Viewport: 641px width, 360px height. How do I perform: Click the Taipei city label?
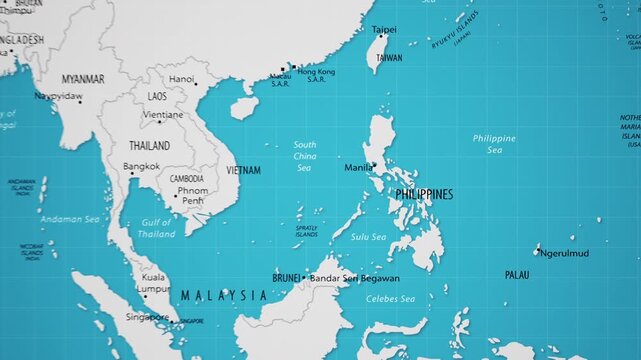coord(384,30)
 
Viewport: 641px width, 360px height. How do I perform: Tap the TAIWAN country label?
coord(389,58)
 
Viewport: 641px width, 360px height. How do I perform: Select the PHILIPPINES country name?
coord(424,193)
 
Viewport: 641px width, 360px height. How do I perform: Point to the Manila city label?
coord(358,167)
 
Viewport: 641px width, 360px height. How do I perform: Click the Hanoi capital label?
coord(181,79)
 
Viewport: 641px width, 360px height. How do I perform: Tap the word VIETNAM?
coord(243,171)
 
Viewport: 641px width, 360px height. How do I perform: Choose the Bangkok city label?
coord(141,166)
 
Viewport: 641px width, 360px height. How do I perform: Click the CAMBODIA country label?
coord(187,178)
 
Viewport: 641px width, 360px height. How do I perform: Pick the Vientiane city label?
coord(163,115)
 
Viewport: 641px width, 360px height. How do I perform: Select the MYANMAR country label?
coord(83,78)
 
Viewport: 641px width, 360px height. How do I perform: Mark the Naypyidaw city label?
coord(58,97)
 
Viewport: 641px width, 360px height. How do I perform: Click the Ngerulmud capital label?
coord(562,253)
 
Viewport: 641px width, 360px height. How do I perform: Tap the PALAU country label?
coord(517,274)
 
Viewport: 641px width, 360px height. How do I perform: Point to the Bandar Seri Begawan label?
coord(355,278)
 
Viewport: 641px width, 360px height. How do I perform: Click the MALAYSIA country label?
coord(224,295)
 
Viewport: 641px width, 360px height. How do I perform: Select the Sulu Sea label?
coord(368,237)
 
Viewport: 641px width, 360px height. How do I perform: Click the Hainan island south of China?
coord(242,108)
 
